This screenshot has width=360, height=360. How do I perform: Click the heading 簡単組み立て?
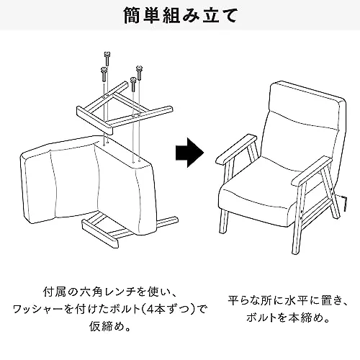point(180,16)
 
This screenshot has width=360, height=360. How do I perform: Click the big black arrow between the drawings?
point(189,153)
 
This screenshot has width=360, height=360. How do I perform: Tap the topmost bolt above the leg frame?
point(107,58)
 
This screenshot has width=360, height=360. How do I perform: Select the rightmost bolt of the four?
point(139,72)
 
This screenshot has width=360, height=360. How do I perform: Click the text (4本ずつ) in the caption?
point(167,310)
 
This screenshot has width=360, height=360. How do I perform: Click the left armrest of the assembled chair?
point(236,149)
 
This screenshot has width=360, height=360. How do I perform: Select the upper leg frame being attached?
point(124,108)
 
